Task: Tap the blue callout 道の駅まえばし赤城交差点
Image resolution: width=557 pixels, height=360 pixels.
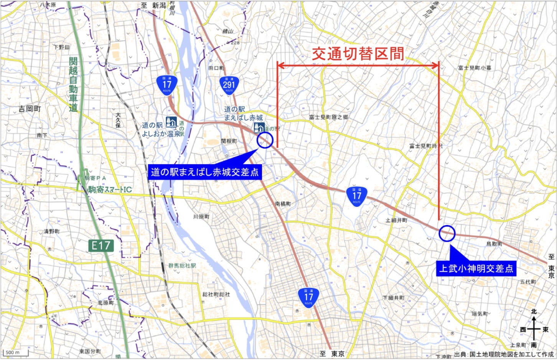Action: tap(205, 172)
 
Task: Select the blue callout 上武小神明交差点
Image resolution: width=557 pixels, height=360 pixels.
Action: tap(476, 268)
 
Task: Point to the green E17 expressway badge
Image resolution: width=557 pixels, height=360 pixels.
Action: tap(101, 246)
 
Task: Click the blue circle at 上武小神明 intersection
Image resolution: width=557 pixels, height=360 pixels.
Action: tap(447, 233)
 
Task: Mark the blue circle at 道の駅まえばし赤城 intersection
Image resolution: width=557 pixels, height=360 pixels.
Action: tap(265, 140)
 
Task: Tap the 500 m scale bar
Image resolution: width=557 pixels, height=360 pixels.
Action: tap(15, 353)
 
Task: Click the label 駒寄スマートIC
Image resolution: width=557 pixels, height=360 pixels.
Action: tap(109, 190)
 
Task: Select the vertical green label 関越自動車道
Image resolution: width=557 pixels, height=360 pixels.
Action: tap(73, 84)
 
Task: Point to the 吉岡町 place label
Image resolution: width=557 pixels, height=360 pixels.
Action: tap(30, 109)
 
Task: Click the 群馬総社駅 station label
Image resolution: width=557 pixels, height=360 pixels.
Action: tap(182, 266)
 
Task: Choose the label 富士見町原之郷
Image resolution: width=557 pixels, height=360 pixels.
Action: tap(329, 117)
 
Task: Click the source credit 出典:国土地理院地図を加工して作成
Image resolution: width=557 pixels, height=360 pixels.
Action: tap(504, 354)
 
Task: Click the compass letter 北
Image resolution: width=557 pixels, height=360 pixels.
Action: tap(534, 312)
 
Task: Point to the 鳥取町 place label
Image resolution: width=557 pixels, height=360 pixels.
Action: tap(494, 244)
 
